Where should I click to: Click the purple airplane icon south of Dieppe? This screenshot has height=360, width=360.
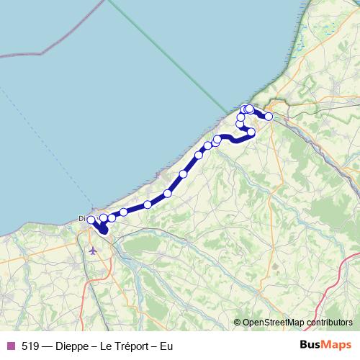point(93,250)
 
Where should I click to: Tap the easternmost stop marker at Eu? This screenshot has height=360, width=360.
point(269,116)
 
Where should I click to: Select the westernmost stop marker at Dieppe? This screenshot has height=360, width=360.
point(91,220)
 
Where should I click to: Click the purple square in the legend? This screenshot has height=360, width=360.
point(10,346)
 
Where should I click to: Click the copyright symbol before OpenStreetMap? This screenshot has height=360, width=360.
point(238,323)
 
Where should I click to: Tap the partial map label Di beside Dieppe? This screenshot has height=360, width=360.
point(82,219)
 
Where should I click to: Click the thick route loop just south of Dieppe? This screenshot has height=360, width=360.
point(104,230)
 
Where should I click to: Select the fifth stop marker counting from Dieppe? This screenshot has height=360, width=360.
point(148,204)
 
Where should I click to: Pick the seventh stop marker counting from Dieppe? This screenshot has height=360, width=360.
point(184,174)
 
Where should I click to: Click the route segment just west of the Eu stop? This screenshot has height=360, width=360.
point(259,112)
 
